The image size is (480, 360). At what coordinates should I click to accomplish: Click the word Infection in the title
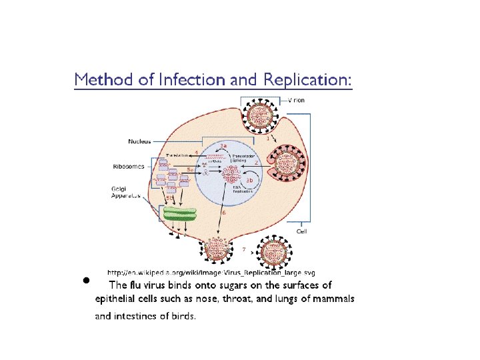[x=192, y=79]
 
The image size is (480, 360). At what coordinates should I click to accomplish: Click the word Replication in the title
[x=306, y=79]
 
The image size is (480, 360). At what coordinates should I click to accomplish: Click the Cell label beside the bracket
[x=302, y=231]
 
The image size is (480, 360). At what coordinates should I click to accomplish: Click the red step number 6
[x=224, y=213]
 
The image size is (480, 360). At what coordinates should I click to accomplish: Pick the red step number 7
[x=244, y=249]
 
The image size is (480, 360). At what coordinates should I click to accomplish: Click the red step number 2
[x=257, y=162]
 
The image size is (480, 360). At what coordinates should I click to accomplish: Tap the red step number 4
[x=196, y=152]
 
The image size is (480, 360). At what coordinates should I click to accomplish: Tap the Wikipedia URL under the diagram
[x=211, y=273]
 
